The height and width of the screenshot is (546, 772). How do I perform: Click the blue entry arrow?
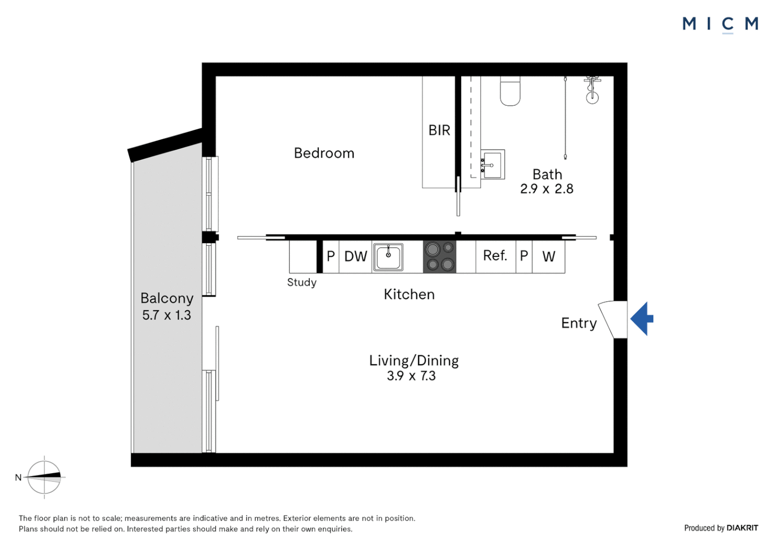641,318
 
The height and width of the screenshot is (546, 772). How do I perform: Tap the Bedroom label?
324,153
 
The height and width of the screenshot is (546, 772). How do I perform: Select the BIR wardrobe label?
439,130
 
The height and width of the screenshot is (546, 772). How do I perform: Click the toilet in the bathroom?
510,92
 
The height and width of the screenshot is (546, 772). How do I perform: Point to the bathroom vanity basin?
492,165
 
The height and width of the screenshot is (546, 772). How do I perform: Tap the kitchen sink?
388,257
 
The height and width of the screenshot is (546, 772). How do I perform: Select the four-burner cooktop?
440,257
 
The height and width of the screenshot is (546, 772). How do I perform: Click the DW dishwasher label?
355,256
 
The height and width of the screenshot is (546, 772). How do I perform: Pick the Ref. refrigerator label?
495,256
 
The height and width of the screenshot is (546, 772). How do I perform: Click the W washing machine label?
548,257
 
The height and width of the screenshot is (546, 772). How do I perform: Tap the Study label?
302,283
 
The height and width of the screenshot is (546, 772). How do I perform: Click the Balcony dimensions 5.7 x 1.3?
166,315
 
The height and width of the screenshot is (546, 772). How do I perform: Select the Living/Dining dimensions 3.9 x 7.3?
411,376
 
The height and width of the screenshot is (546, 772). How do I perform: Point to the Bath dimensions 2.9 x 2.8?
547,189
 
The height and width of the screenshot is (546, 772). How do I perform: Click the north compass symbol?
44,477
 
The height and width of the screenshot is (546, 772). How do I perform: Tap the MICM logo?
720,24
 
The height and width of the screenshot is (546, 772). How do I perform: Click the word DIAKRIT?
742,528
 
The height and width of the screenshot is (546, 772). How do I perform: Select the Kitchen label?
409,294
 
